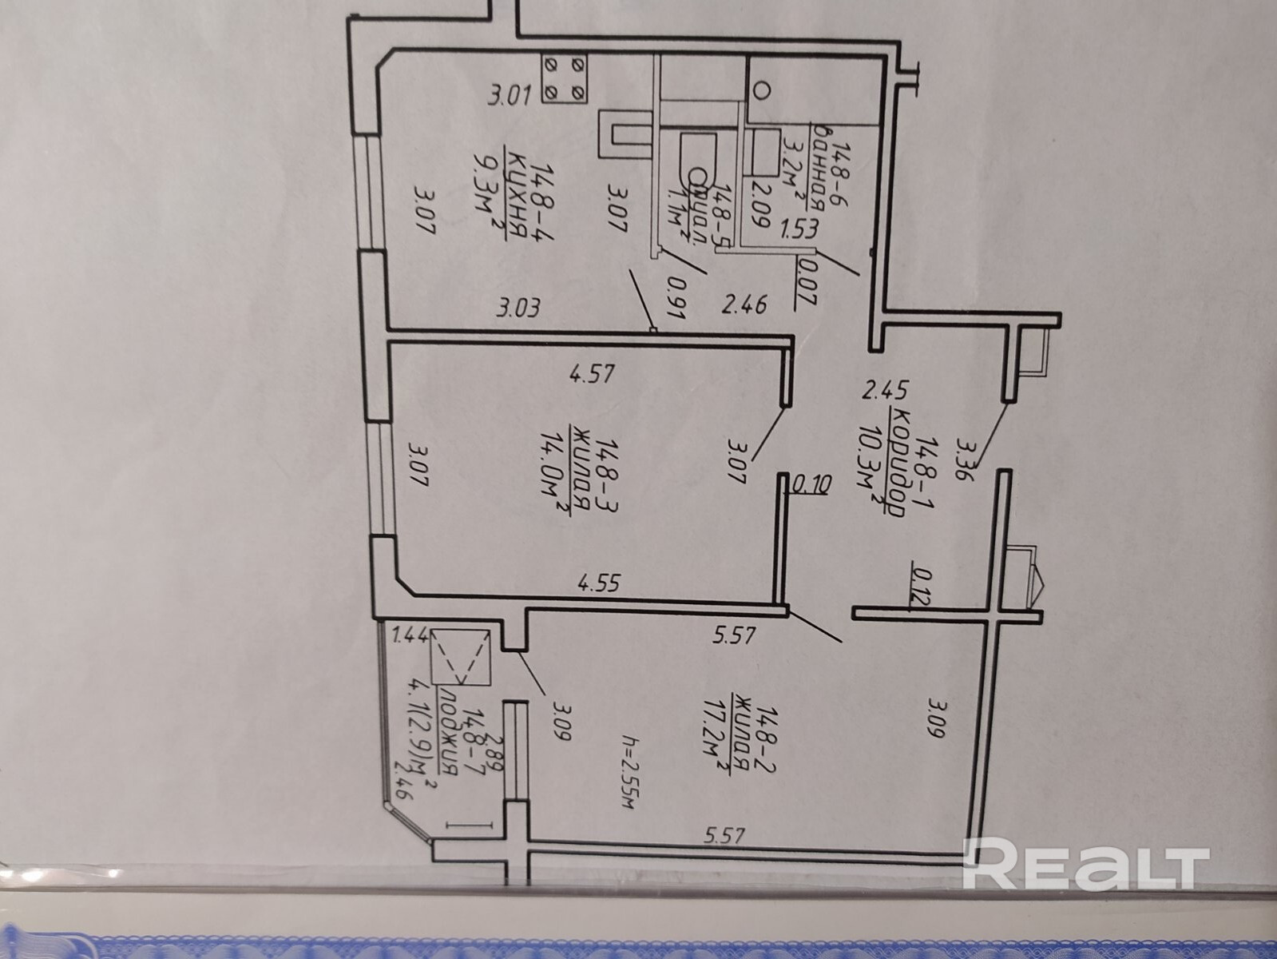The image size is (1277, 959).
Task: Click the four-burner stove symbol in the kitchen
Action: pos(565,78)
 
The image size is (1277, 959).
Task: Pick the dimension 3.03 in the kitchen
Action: pos(520,308)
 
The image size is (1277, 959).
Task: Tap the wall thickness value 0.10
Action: pos(813,483)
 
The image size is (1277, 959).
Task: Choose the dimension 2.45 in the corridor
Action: pos(886,392)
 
